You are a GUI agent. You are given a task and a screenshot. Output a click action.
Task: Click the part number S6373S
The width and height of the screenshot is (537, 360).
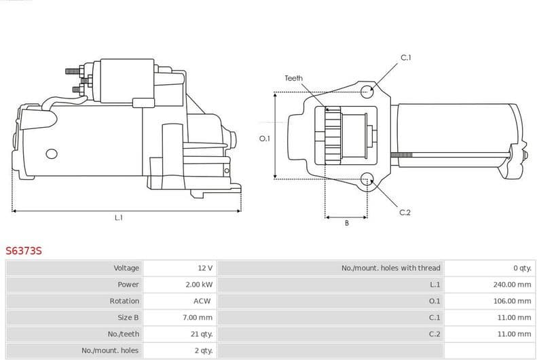(24, 251)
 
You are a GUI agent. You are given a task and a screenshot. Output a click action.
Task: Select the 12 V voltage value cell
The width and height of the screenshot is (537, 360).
(205, 268)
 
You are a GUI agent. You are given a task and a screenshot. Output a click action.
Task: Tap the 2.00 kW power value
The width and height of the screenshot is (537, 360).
(199, 285)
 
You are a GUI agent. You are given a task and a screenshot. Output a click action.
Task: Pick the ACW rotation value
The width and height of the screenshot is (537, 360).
(202, 301)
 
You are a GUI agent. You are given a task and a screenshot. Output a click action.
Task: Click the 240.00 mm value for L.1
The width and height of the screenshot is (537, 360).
(512, 285)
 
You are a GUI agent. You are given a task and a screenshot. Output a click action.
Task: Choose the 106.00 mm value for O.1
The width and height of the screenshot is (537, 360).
(512, 301)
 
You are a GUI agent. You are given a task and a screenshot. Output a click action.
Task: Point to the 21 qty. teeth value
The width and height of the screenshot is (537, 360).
(202, 334)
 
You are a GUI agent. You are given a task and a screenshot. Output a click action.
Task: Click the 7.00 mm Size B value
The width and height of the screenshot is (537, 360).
(199, 317)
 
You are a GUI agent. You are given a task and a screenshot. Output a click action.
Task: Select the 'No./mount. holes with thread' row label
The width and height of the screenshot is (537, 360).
(390, 268)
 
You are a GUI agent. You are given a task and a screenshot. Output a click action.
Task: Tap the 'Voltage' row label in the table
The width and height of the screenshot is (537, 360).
(126, 268)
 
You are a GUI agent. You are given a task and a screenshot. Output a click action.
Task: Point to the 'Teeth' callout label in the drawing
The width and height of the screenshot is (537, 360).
(293, 79)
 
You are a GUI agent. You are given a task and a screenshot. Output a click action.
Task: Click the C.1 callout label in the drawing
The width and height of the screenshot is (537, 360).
(405, 58)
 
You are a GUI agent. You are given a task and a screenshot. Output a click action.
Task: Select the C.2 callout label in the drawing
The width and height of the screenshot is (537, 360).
(405, 213)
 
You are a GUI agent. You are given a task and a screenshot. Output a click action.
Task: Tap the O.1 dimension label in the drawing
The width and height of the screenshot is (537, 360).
(265, 139)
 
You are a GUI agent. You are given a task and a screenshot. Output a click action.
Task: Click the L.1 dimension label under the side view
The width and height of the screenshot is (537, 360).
(118, 218)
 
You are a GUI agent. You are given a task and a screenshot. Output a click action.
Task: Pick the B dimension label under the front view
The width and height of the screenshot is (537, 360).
(346, 223)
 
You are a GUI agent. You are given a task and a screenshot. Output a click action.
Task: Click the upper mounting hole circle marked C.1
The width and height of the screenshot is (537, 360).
(367, 90)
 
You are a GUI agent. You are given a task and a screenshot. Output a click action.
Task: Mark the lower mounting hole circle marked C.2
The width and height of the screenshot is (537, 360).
(367, 180)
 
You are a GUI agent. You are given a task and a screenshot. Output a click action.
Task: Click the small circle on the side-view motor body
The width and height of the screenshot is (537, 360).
(51, 154)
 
